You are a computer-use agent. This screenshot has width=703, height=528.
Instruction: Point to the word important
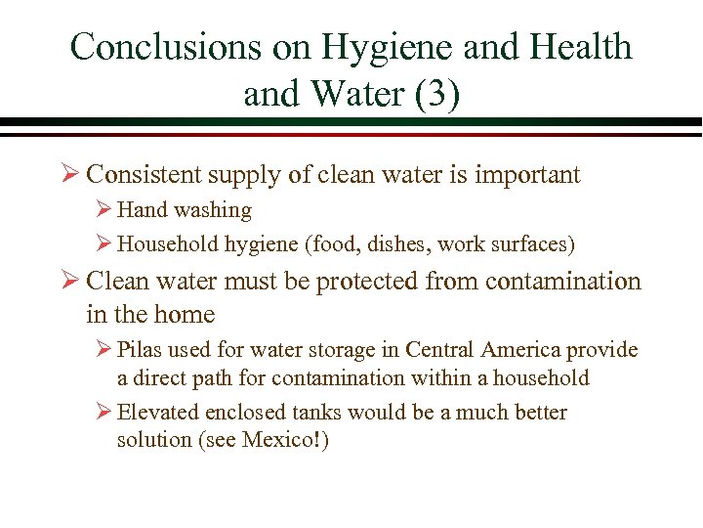click(529, 175)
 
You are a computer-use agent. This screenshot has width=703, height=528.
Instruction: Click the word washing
click(212, 210)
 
